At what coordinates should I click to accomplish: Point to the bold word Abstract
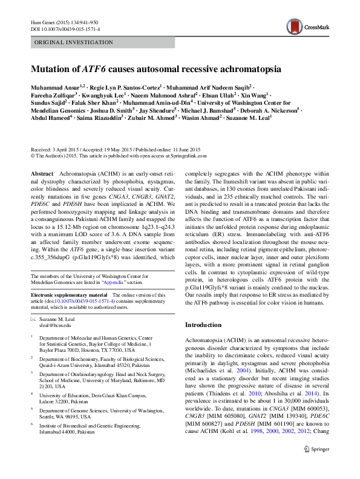tap(42, 173)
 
